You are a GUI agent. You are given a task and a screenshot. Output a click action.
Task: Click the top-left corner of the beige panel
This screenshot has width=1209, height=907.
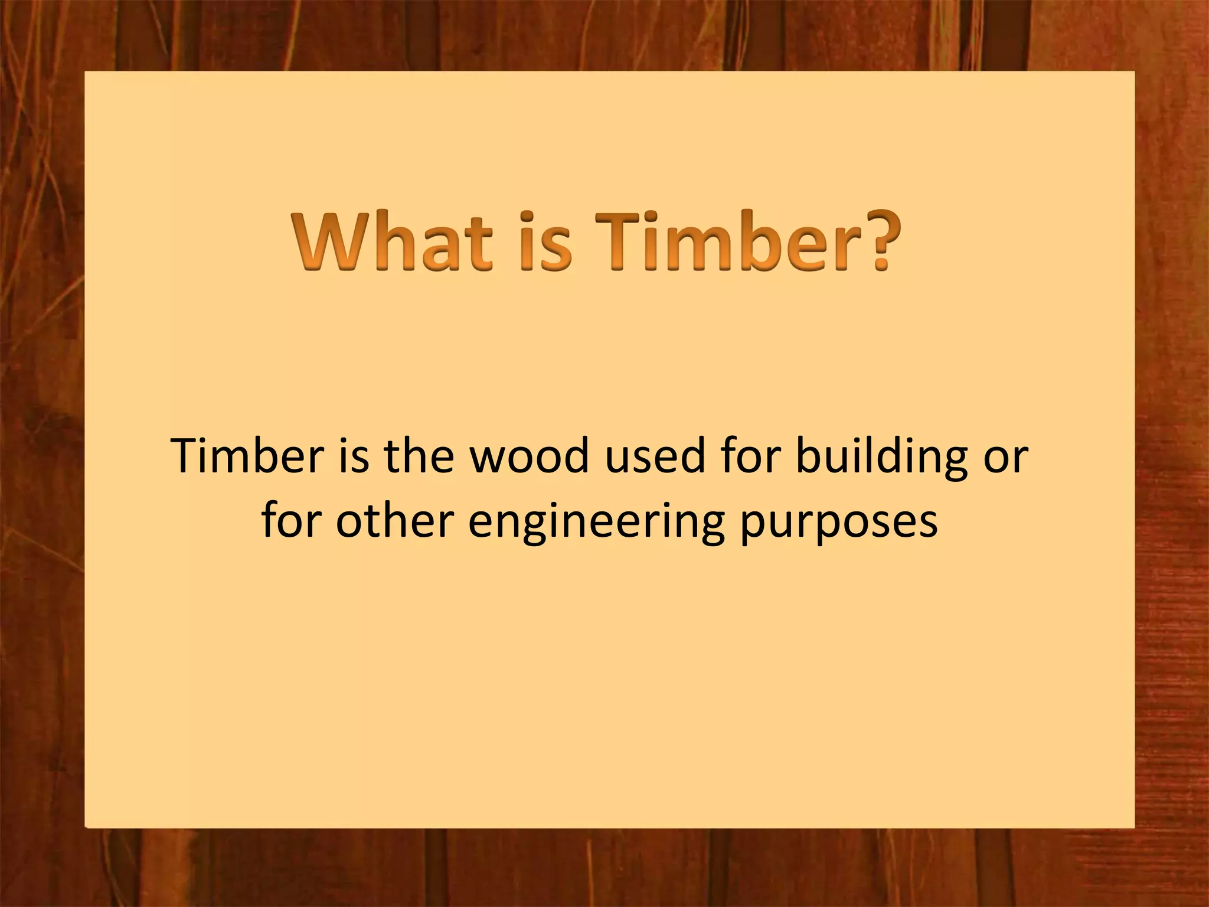[86, 73]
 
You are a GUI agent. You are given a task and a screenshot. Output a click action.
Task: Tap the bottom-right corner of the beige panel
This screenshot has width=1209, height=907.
[1133, 826]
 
